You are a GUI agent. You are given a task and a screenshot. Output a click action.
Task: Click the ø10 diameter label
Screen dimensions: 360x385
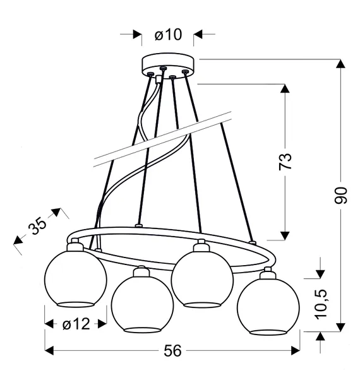pos(169,35)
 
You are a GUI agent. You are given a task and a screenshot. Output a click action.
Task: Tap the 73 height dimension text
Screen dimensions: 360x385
pos(285,162)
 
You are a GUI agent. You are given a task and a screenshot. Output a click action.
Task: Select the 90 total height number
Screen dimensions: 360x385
pos(340,196)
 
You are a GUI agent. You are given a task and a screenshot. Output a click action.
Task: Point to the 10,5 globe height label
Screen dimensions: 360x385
pos(321,304)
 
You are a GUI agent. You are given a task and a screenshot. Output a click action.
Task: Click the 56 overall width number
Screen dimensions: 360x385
pos(172,350)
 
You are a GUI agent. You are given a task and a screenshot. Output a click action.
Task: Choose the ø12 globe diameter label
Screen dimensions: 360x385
pos(76,324)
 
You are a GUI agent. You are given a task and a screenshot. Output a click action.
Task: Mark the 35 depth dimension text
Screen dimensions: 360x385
pos(37,226)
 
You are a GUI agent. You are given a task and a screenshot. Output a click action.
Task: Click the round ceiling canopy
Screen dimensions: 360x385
pos(168,64)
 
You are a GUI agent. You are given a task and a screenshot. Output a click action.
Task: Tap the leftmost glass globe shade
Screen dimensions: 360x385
pos(75,279)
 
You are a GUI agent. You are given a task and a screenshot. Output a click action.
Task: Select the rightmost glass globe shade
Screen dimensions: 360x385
pos(268,306)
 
